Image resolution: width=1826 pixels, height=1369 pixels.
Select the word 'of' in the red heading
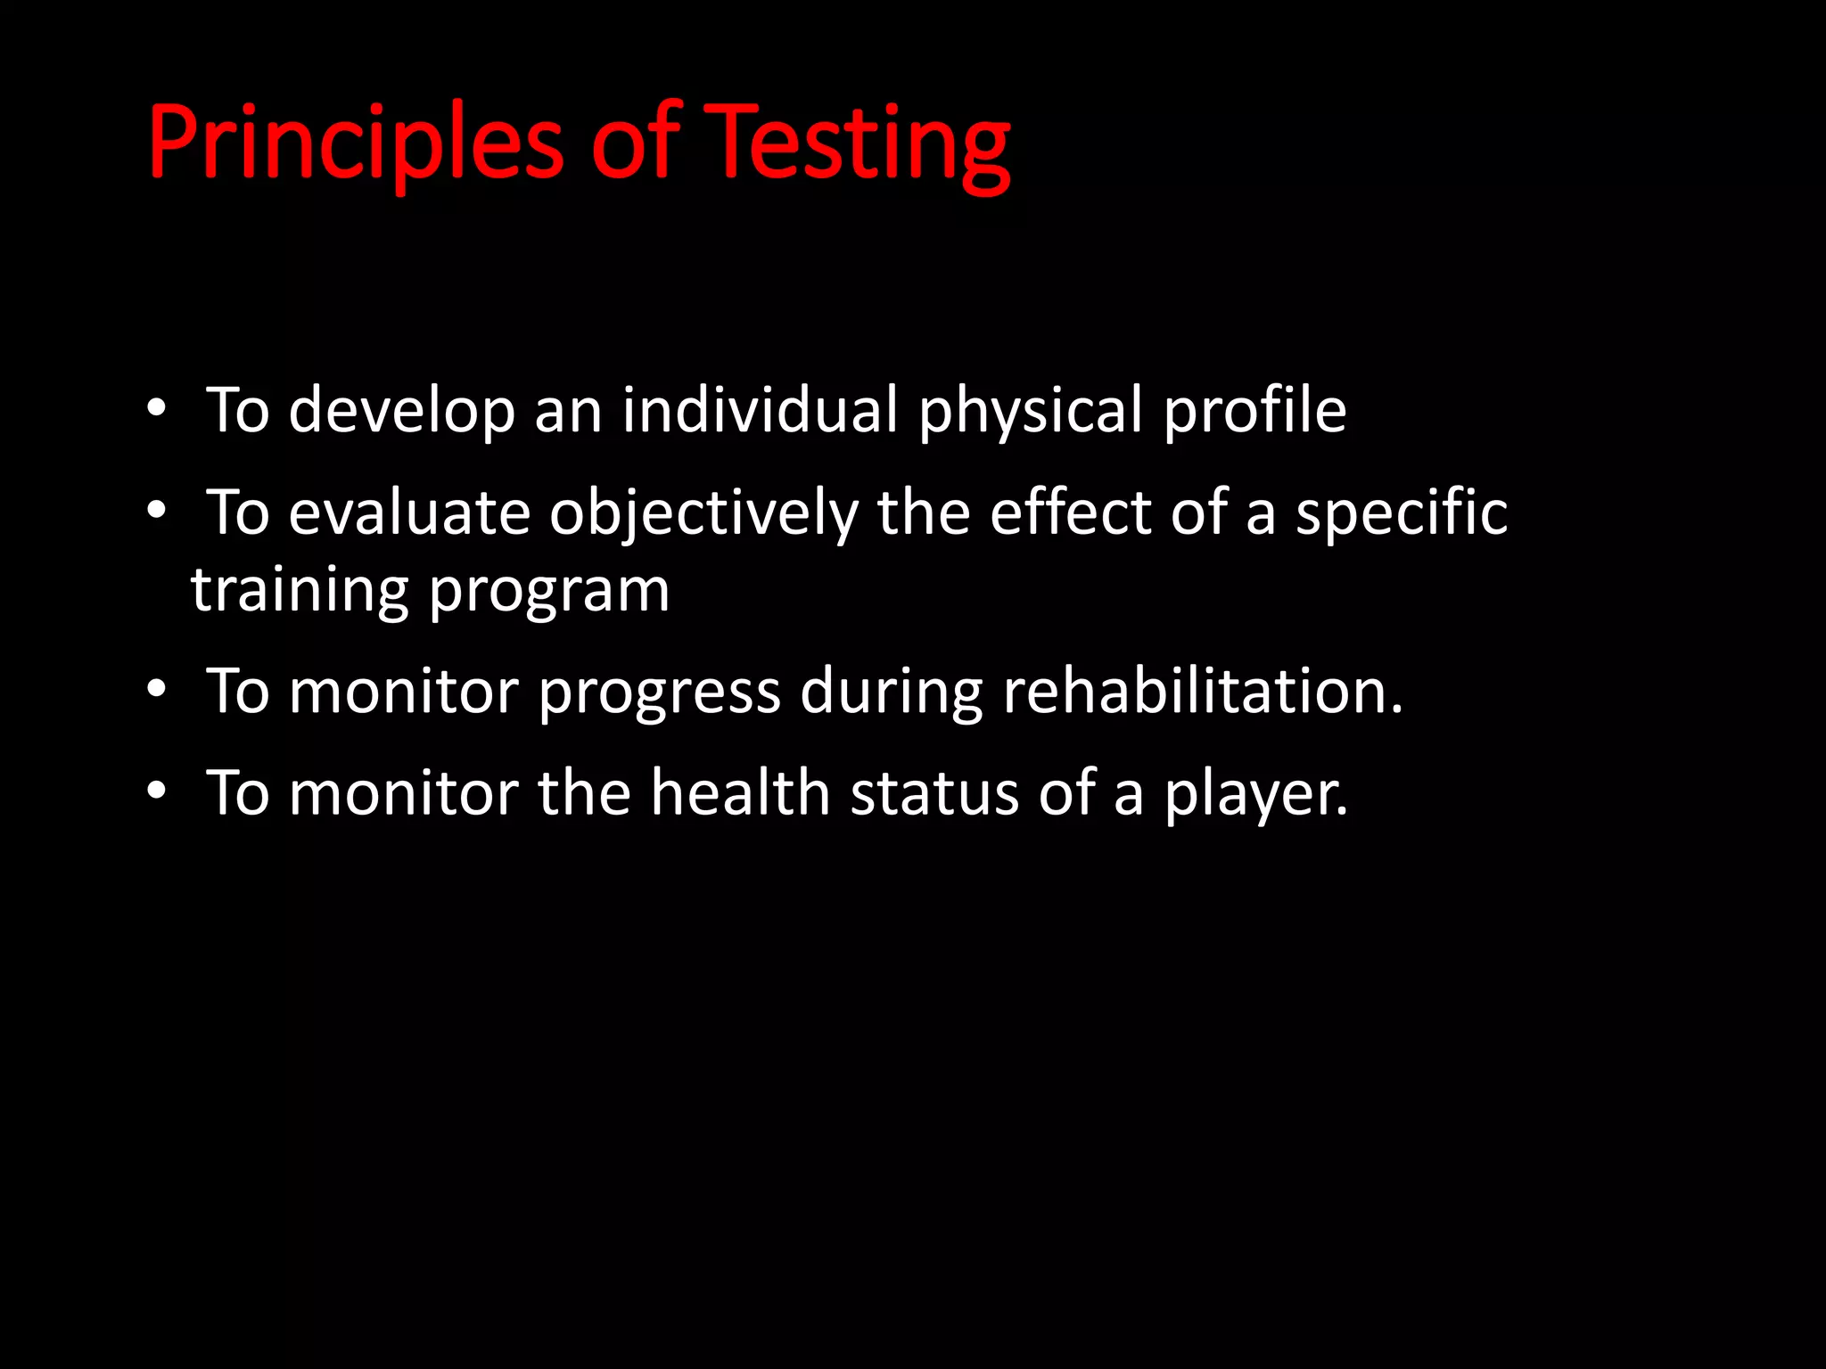pyautogui.click(x=636, y=143)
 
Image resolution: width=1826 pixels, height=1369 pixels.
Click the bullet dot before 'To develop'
pyautogui.click(x=157, y=409)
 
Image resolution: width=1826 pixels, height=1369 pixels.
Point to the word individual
pyautogui.click(x=760, y=411)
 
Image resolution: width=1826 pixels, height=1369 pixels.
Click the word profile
pyautogui.click(x=1254, y=411)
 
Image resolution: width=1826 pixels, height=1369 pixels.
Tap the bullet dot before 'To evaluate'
pyautogui.click(x=157, y=512)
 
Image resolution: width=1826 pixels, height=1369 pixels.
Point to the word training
pyautogui.click(x=300, y=590)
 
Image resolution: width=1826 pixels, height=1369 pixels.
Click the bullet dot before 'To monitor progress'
pyautogui.click(x=157, y=689)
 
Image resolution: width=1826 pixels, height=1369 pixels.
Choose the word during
pyautogui.click(x=891, y=691)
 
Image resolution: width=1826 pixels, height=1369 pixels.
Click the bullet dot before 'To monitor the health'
pyautogui.click(x=157, y=791)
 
